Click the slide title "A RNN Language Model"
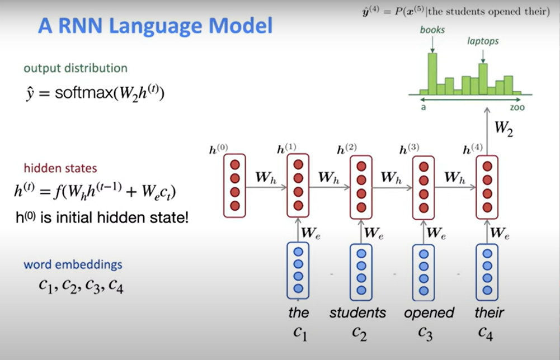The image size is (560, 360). (x=155, y=26)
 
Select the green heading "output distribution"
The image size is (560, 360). (x=76, y=68)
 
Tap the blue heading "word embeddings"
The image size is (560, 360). (x=73, y=264)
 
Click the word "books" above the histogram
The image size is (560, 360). (x=432, y=30)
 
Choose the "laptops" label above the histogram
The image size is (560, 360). (x=483, y=41)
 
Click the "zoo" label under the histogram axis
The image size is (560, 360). (x=517, y=107)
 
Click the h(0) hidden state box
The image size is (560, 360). (x=234, y=186)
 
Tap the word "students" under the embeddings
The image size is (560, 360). (x=357, y=312)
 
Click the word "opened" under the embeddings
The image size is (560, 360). (x=429, y=312)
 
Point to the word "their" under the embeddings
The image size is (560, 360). (x=489, y=312)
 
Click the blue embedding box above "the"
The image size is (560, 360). (x=298, y=270)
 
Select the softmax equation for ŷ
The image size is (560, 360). (x=109, y=93)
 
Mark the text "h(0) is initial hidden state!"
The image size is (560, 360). (x=102, y=217)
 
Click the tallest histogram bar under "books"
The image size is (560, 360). (x=432, y=73)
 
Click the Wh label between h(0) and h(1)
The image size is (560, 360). (x=266, y=178)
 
